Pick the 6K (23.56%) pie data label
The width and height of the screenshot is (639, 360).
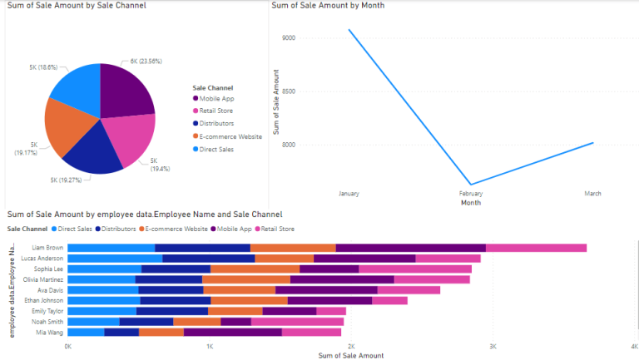pyautogui.click(x=146, y=61)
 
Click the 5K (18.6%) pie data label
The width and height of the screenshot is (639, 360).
pyautogui.click(x=43, y=67)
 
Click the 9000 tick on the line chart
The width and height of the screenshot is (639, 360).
pyautogui.click(x=289, y=38)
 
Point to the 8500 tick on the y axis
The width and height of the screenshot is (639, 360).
pyautogui.click(x=289, y=91)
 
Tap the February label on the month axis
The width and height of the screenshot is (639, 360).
pyautogui.click(x=471, y=193)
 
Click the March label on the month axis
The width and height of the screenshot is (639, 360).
pyautogui.click(x=592, y=193)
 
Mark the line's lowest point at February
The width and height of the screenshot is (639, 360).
pyautogui.click(x=471, y=185)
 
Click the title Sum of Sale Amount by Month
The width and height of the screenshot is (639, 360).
pyautogui.click(x=328, y=6)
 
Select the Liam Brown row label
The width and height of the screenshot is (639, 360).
pyautogui.click(x=47, y=248)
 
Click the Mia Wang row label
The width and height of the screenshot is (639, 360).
pyautogui.click(x=50, y=332)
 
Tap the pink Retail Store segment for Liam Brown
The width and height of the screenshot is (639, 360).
pyautogui.click(x=536, y=248)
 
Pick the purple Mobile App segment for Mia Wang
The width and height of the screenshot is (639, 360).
pyautogui.click(x=232, y=332)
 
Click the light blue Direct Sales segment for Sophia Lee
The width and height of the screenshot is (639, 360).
pyautogui.click(x=104, y=269)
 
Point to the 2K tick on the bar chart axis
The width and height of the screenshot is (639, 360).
pyautogui.click(x=351, y=346)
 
